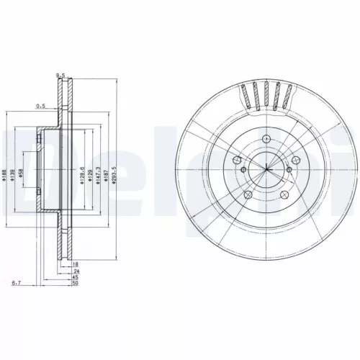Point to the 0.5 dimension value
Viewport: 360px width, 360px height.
(x=41, y=107)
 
